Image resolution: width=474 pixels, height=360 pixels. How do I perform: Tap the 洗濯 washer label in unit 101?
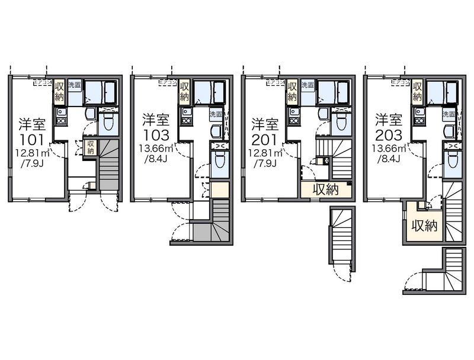click(74, 85)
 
